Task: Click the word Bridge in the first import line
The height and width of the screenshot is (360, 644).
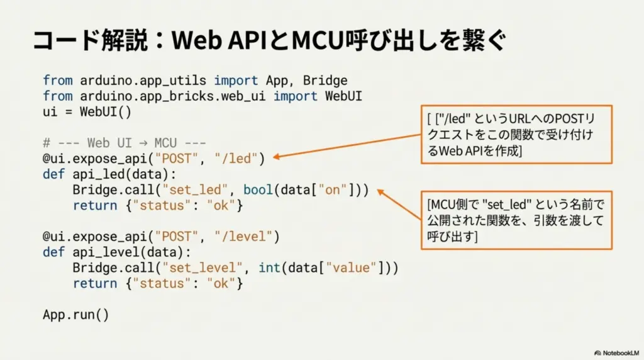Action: (x=325, y=81)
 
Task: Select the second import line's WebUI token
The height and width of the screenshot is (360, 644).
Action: (x=343, y=96)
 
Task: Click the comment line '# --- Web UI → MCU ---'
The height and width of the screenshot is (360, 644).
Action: (x=125, y=143)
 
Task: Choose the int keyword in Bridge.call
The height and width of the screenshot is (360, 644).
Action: (x=269, y=268)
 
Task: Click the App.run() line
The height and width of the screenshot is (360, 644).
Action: (x=76, y=315)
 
